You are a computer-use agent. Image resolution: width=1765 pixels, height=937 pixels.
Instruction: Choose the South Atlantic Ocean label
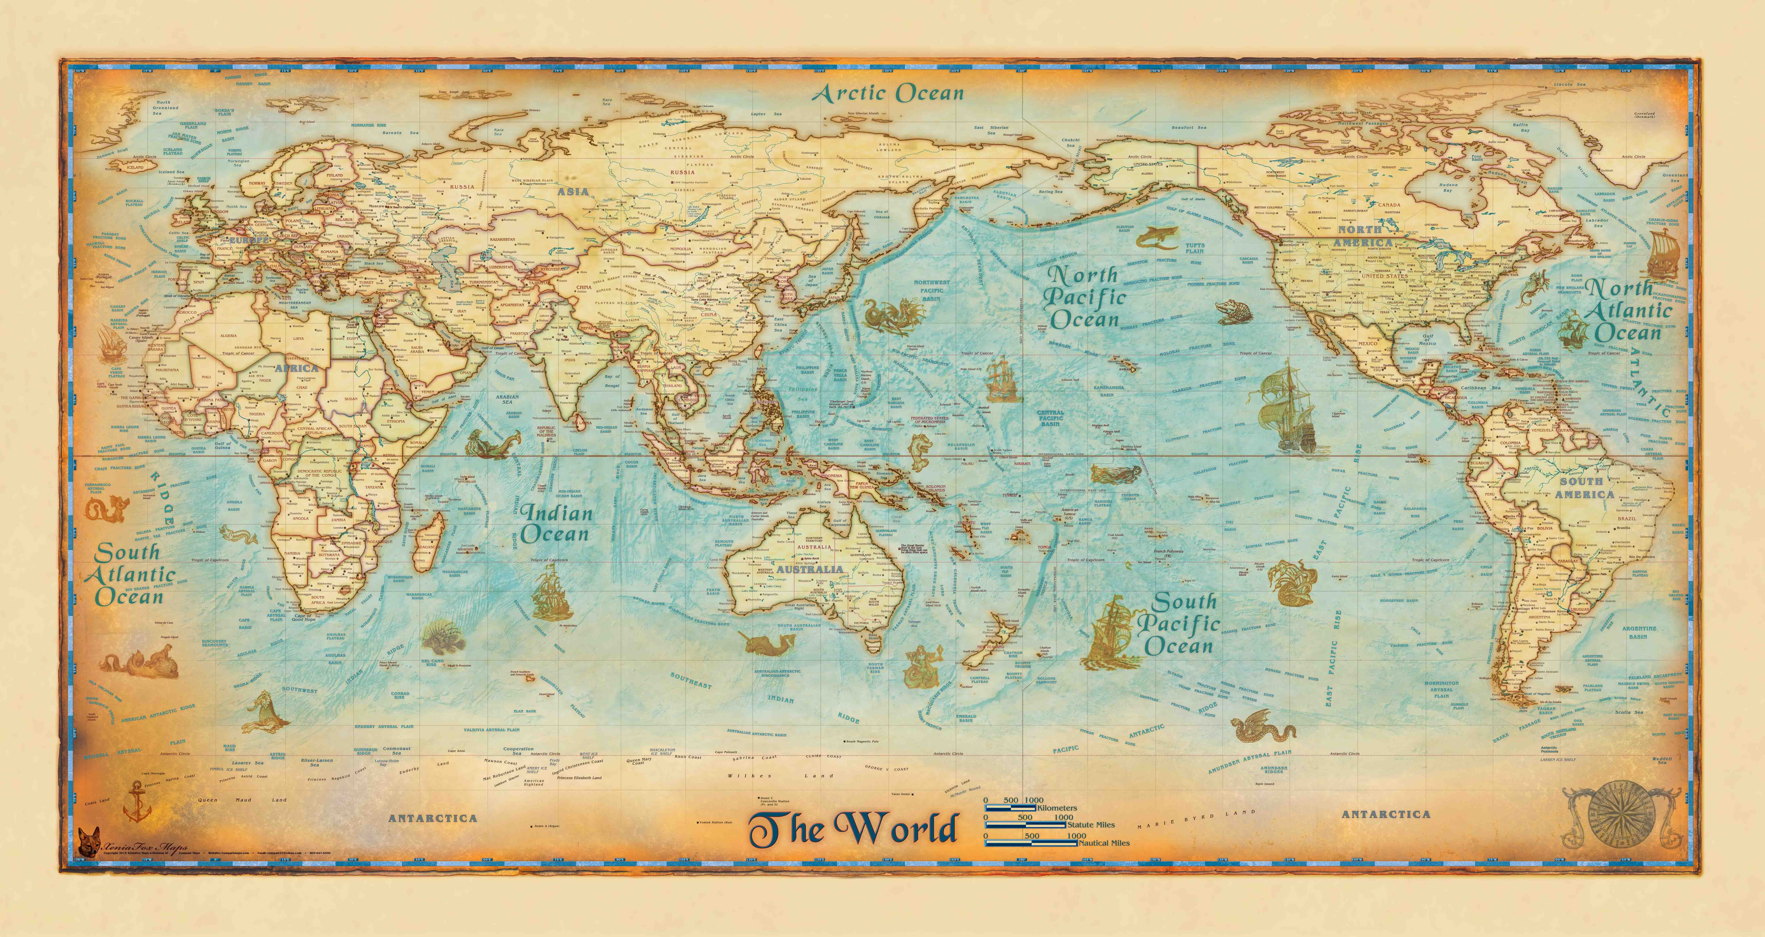pos(129,574)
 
